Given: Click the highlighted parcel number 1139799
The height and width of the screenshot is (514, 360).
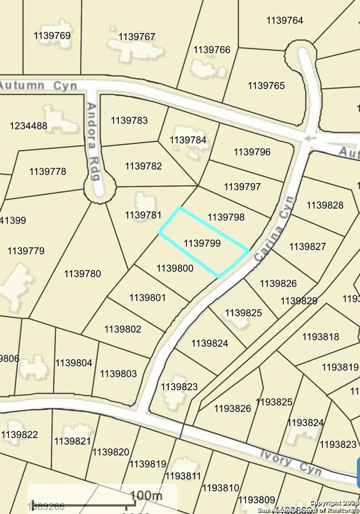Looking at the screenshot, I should [x=202, y=243].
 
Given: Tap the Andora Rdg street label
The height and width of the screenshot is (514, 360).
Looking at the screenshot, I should [x=92, y=141].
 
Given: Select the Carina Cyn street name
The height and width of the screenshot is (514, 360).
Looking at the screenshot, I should [x=275, y=229].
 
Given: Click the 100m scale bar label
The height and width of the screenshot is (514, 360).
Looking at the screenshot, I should [x=146, y=495].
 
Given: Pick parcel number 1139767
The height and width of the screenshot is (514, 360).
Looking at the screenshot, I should [x=137, y=37].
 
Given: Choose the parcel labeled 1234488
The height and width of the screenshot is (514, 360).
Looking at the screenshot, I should [x=28, y=126].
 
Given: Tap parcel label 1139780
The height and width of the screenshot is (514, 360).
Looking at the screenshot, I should [x=82, y=274].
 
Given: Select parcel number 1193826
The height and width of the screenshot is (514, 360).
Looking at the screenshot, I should [x=233, y=409].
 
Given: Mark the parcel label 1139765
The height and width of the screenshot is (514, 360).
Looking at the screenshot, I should [x=266, y=86].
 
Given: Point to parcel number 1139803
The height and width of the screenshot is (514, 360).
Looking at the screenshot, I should [x=118, y=373].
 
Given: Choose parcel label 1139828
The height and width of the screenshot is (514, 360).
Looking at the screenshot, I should [x=325, y=205].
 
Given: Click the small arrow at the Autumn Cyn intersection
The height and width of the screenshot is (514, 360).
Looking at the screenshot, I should [x=309, y=139].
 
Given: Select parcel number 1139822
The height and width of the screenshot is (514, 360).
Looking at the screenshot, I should [x=19, y=435].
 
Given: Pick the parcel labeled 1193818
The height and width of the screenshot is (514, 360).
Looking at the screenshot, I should [x=321, y=337].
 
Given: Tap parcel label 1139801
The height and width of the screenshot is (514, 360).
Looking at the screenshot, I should [x=147, y=298].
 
